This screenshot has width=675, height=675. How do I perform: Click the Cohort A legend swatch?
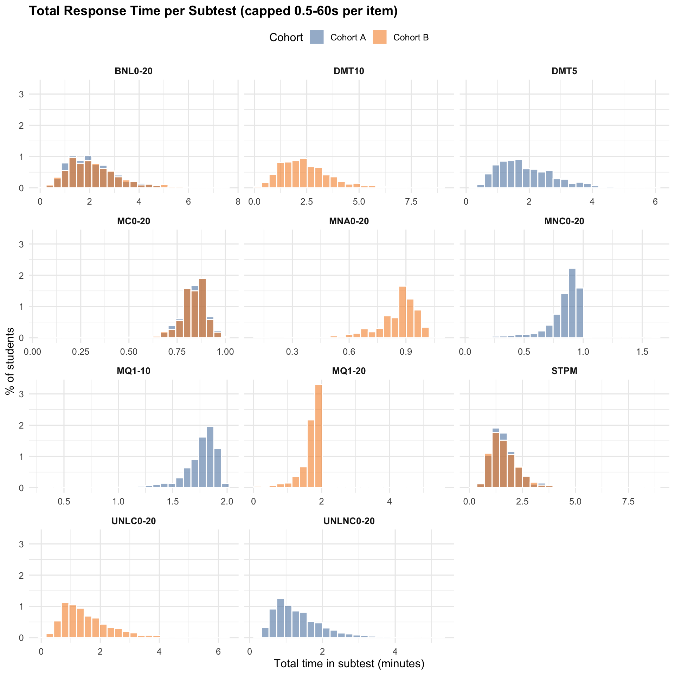(x=316, y=37)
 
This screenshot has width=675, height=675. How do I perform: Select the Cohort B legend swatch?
(x=380, y=37)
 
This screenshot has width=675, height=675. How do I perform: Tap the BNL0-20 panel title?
(x=134, y=71)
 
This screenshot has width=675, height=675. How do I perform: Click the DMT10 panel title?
(x=349, y=71)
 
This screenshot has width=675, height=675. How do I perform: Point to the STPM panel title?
(x=564, y=371)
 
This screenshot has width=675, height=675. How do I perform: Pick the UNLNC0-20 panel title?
(x=349, y=521)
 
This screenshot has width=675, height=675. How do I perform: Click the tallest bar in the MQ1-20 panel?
(x=319, y=436)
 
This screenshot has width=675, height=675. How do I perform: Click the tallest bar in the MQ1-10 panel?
(x=210, y=457)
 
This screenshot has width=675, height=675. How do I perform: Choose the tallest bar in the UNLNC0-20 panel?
(x=280, y=618)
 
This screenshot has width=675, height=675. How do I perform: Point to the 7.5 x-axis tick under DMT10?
(x=411, y=202)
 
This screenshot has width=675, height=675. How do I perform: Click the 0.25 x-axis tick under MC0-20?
(x=81, y=352)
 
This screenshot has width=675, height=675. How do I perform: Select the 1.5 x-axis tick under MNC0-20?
(x=642, y=352)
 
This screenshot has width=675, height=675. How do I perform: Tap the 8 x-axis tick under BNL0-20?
(x=238, y=202)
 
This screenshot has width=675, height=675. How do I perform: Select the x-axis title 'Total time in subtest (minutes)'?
(x=349, y=663)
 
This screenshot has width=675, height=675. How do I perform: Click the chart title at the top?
(x=213, y=11)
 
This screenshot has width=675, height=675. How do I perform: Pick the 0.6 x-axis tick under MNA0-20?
(x=349, y=352)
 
